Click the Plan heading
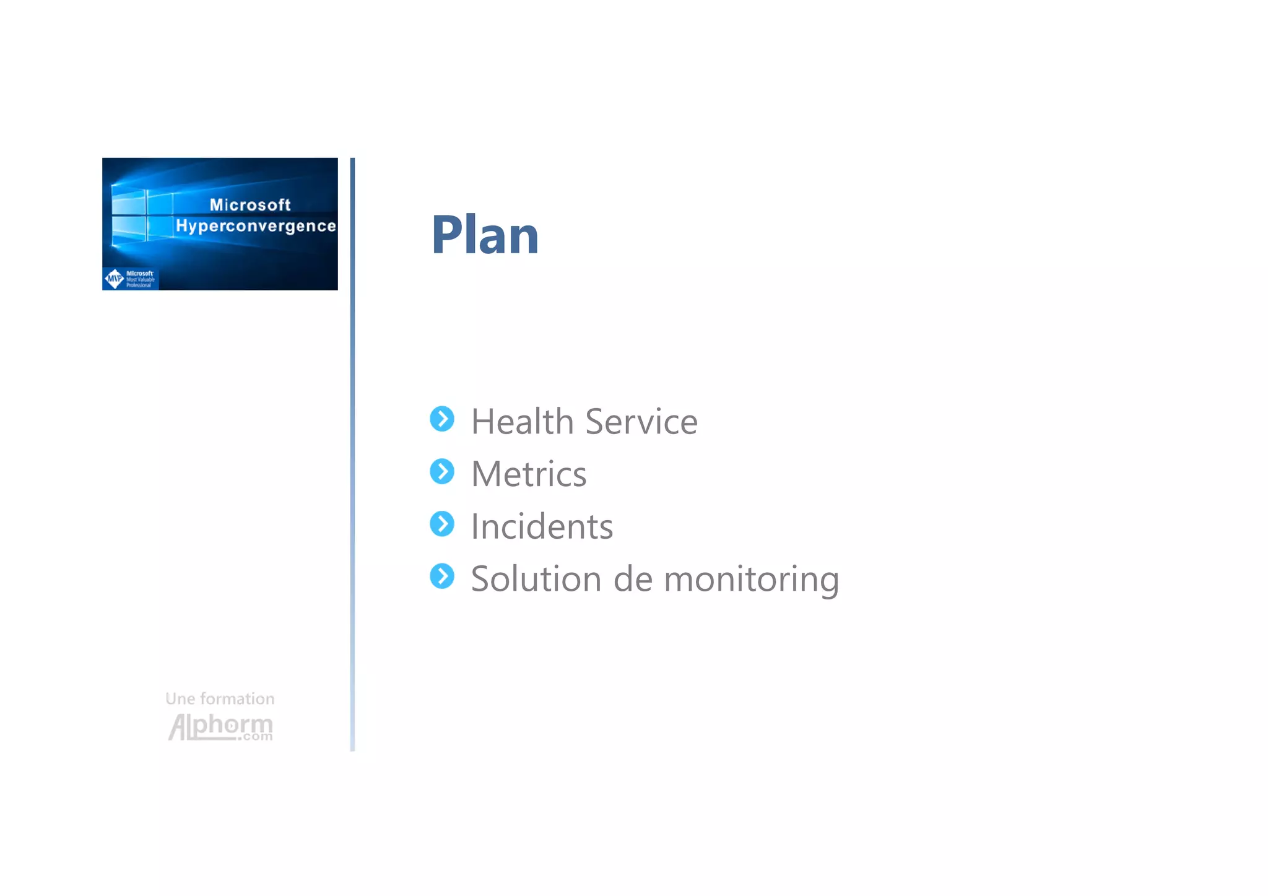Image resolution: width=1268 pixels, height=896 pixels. click(x=485, y=235)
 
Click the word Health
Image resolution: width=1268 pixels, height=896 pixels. click(x=522, y=422)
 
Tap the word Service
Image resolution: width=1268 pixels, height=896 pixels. click(x=641, y=422)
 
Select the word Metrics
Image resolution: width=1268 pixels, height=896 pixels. click(x=529, y=474)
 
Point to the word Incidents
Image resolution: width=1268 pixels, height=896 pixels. click(x=542, y=527)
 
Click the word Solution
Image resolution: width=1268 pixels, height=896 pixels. click(x=536, y=580)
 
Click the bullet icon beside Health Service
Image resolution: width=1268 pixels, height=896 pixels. click(x=442, y=419)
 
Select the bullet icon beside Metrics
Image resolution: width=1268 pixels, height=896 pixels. click(x=442, y=472)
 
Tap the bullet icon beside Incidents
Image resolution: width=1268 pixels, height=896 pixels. click(x=442, y=524)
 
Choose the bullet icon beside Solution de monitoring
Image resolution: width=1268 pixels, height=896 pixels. click(x=442, y=576)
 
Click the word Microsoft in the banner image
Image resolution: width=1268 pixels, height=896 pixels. click(x=250, y=205)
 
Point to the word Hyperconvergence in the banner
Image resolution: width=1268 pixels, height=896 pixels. click(x=256, y=226)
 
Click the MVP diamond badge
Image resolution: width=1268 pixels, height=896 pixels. click(x=115, y=279)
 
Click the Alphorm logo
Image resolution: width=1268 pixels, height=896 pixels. click(x=220, y=726)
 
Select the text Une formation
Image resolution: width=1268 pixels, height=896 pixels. click(x=220, y=699)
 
